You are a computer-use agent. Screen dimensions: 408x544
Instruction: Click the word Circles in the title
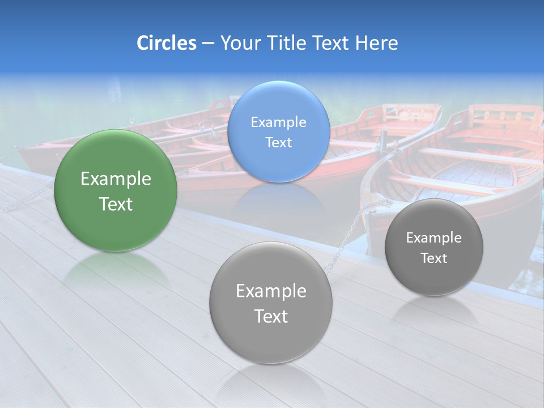[x=167, y=43]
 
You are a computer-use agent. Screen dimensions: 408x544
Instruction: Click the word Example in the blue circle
[x=278, y=122]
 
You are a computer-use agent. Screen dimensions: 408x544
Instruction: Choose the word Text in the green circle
[x=116, y=204]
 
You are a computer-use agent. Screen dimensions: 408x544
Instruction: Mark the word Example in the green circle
[x=116, y=179]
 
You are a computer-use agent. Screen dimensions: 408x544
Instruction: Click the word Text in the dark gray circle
[x=434, y=258]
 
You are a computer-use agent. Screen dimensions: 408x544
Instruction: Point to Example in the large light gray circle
[x=271, y=291]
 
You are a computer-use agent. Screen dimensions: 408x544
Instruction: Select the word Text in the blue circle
[x=278, y=143]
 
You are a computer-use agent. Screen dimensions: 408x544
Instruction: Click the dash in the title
[x=208, y=43]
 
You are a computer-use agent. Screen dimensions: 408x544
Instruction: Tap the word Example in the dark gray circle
[x=434, y=238]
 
